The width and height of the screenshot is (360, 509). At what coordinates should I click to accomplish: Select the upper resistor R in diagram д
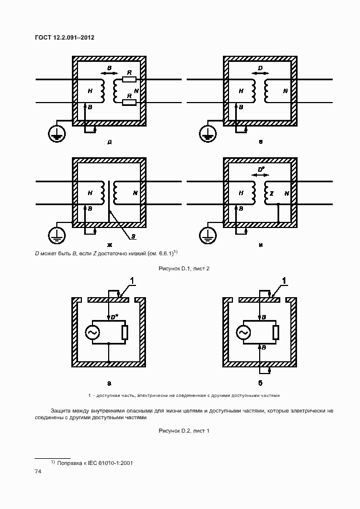coord(129,80)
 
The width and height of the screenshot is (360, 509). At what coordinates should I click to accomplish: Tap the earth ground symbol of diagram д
coord(57,134)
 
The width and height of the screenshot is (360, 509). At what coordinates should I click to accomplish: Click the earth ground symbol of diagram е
coord(207,134)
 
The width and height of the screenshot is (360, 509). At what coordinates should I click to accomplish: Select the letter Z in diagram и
coord(271,193)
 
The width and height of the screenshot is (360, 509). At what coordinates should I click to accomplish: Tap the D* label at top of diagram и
coord(260,169)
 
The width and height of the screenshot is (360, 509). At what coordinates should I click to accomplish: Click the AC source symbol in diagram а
coord(92,332)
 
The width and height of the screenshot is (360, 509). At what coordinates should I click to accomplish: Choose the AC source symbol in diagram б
coord(243,332)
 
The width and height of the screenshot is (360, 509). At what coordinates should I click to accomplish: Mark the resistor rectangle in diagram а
coord(125,332)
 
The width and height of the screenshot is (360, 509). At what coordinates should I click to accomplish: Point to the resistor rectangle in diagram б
coord(276,332)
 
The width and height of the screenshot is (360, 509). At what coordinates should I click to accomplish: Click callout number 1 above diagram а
coord(132,280)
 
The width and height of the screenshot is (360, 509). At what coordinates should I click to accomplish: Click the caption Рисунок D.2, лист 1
coord(183,430)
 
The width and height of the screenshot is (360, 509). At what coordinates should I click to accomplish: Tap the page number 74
coord(38,472)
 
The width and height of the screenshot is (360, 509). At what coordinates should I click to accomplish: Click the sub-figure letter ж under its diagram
coord(109,244)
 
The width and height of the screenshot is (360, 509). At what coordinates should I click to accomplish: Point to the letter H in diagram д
coord(90,90)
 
